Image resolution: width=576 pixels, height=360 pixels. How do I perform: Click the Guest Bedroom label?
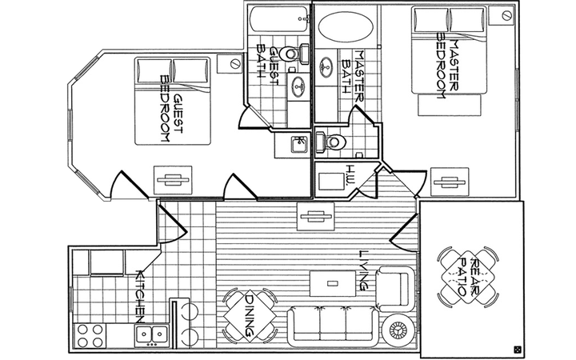click(x=172, y=109)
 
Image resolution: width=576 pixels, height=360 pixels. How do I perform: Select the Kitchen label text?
click(x=141, y=297)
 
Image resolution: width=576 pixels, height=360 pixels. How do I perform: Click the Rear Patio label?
click(x=468, y=278)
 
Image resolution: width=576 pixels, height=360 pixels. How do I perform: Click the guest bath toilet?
click(x=294, y=54)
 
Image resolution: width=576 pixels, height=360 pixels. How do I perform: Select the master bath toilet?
click(x=330, y=142)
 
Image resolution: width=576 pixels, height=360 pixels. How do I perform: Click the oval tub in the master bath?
click(x=346, y=26)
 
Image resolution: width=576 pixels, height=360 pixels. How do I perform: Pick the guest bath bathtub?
click(x=279, y=18)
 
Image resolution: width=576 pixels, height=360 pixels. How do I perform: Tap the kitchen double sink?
click(x=152, y=334)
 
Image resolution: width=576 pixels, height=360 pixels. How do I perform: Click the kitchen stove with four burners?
click(x=90, y=335)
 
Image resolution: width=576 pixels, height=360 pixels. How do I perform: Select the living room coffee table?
click(x=333, y=283)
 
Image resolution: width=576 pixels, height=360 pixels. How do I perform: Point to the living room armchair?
click(x=395, y=288)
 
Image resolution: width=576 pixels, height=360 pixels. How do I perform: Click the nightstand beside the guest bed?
click(x=229, y=63)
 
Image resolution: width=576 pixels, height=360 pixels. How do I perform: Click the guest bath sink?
click(x=298, y=86)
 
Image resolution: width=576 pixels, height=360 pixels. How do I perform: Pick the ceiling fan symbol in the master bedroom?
click(x=450, y=182)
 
